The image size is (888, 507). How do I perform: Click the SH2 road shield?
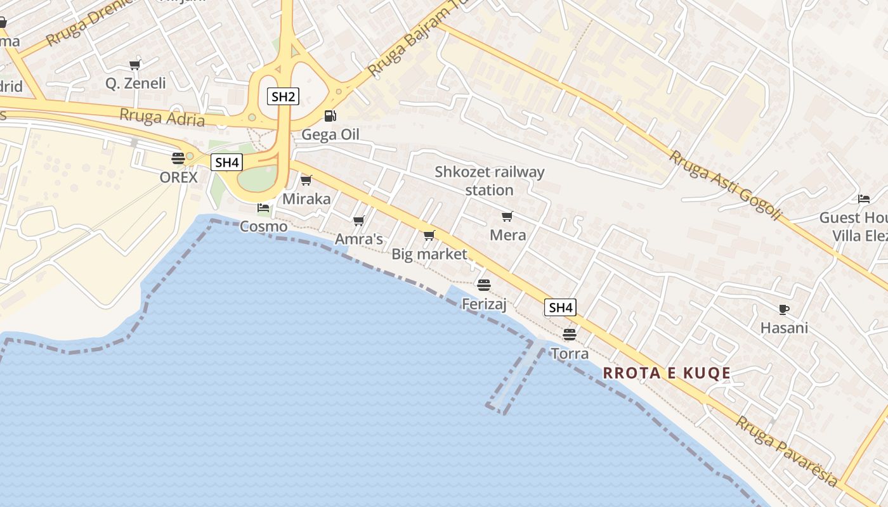pos(283,97)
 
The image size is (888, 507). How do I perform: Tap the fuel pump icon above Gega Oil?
pos(330,116)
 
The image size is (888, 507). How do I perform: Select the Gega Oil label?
pos(330,134)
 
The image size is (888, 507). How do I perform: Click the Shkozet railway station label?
pos(489,181)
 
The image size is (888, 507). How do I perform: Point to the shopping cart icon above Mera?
pos(507,217)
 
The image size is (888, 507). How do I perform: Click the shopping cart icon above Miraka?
pos(306,181)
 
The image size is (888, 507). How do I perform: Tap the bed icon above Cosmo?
pos(263,208)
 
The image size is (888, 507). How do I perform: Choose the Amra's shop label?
pos(359,239)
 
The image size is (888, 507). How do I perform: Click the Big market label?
pos(429,254)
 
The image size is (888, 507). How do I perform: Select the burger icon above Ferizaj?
pos(484,285)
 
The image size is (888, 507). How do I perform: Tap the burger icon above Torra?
pos(569,334)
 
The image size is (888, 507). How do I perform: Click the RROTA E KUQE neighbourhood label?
pos(667,373)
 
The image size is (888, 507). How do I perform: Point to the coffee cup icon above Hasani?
pos(784,309)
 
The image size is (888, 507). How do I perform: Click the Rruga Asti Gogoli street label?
pos(724,186)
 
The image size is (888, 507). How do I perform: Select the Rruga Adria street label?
pos(162,117)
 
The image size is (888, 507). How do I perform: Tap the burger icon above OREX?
pos(178,158)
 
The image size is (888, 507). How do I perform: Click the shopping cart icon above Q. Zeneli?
pos(134,64)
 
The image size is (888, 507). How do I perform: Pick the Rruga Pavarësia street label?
pos(786,451)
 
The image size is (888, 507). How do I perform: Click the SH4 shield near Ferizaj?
pos(561,308)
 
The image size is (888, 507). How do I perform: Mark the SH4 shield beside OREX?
pos(226,162)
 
